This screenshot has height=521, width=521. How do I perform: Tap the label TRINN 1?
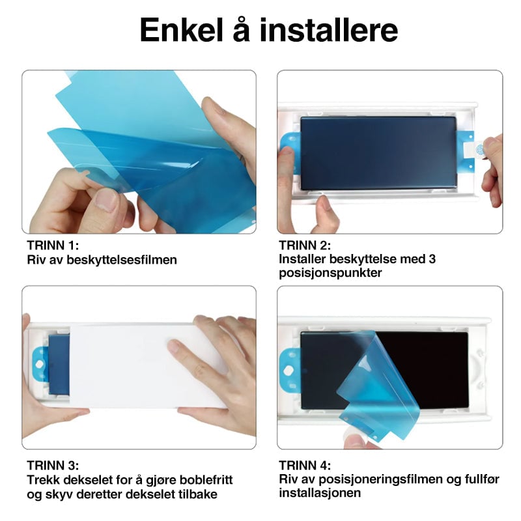tap(53, 246)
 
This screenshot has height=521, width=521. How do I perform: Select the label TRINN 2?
tap(305, 246)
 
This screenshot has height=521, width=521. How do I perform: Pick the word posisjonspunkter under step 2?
tap(330, 273)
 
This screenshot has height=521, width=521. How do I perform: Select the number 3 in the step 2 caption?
tap(432, 259)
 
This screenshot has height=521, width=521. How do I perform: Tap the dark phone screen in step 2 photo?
tap(378, 153)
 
